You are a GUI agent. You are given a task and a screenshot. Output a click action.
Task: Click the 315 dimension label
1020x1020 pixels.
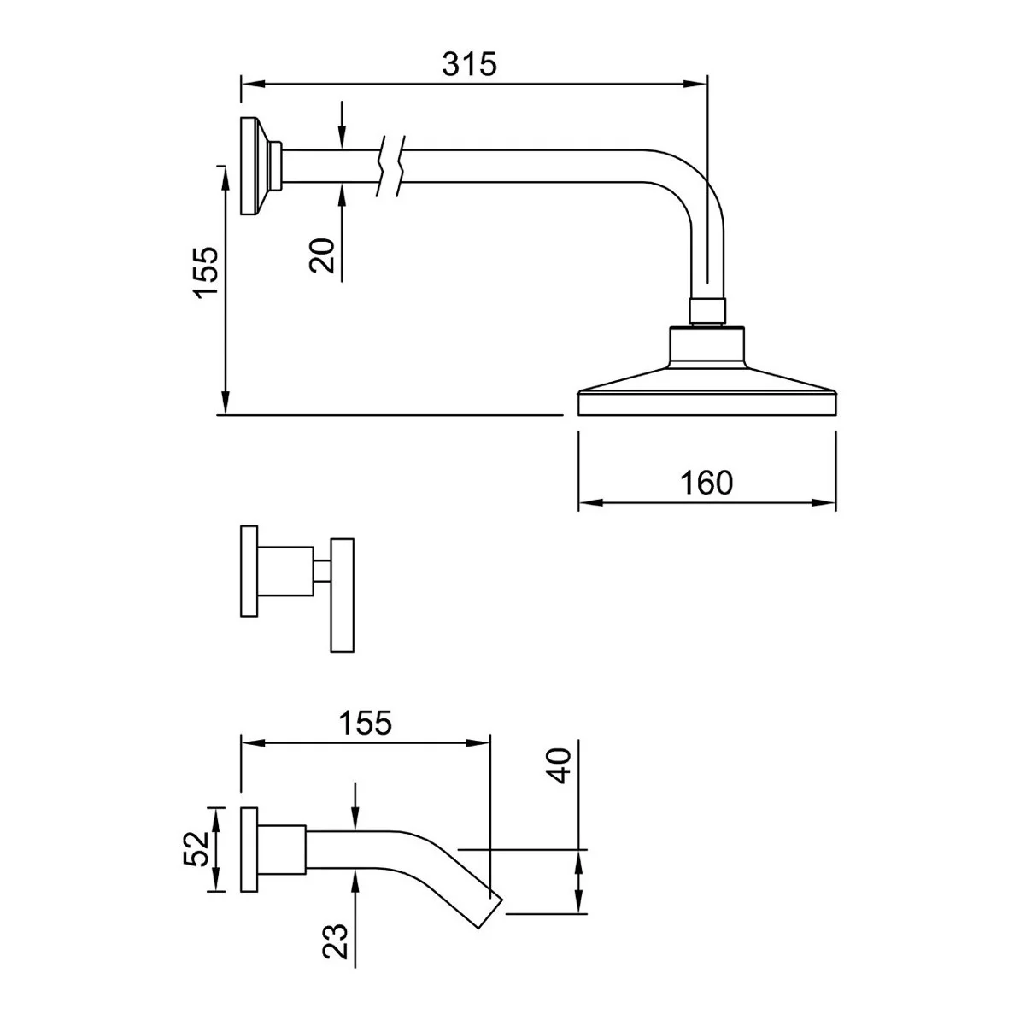coord(469,64)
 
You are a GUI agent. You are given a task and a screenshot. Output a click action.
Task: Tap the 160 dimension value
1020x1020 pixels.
coord(706,483)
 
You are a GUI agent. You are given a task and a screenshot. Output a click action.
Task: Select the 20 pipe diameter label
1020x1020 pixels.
coord(322,255)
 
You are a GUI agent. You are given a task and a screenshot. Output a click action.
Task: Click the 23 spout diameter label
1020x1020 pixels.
coord(336,941)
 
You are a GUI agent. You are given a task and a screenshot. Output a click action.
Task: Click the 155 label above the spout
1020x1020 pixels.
coord(365,723)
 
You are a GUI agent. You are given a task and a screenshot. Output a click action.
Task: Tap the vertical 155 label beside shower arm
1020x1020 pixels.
coord(206,272)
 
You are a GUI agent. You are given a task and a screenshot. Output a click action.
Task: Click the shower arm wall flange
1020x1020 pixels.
coord(252,166)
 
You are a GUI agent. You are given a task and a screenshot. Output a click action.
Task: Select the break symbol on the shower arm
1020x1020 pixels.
coord(390,166)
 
